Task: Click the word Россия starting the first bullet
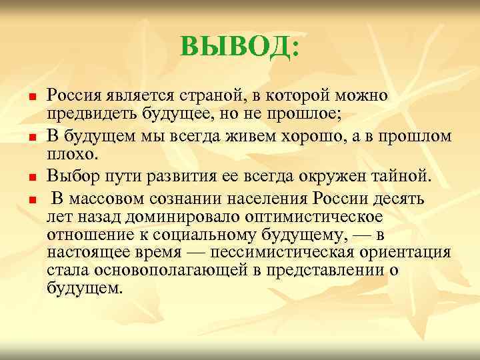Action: click(x=73, y=96)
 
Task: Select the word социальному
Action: click(x=220, y=235)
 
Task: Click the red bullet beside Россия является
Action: click(x=31, y=99)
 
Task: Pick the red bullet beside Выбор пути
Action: click(x=31, y=178)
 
